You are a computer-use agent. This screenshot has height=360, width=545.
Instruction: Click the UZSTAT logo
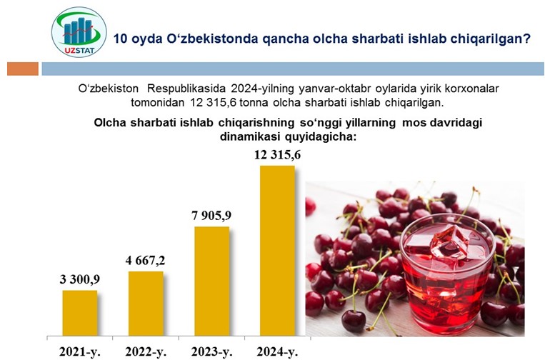pos(79,32)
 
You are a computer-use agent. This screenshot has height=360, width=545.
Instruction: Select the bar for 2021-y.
pos(80,313)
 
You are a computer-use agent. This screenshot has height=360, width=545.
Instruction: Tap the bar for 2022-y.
pos(146,304)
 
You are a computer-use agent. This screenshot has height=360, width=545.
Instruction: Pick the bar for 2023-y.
pos(212,281)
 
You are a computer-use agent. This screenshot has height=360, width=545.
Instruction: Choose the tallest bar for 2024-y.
pos(277,251)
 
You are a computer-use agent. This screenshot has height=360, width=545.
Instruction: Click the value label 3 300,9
pos(80,279)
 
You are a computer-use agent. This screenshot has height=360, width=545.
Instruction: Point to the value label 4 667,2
pos(145,260)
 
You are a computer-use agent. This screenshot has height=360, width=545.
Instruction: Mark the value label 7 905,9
pos(211,216)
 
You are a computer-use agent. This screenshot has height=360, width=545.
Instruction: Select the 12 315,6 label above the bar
pos(277,155)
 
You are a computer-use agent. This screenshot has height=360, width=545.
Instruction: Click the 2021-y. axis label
pos(80,352)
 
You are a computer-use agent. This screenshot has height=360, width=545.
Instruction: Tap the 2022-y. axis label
pos(146,352)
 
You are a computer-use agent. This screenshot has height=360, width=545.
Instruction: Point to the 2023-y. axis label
pos(211,352)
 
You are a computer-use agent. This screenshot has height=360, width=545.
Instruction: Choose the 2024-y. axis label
pos(277,352)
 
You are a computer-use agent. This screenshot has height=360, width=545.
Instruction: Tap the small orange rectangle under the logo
pos(23,69)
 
